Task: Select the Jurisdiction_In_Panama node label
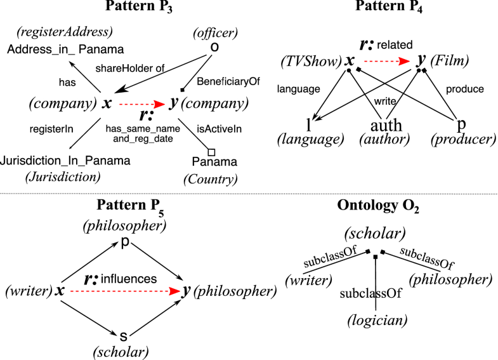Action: coord(67,161)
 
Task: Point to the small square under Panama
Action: coord(212,150)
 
